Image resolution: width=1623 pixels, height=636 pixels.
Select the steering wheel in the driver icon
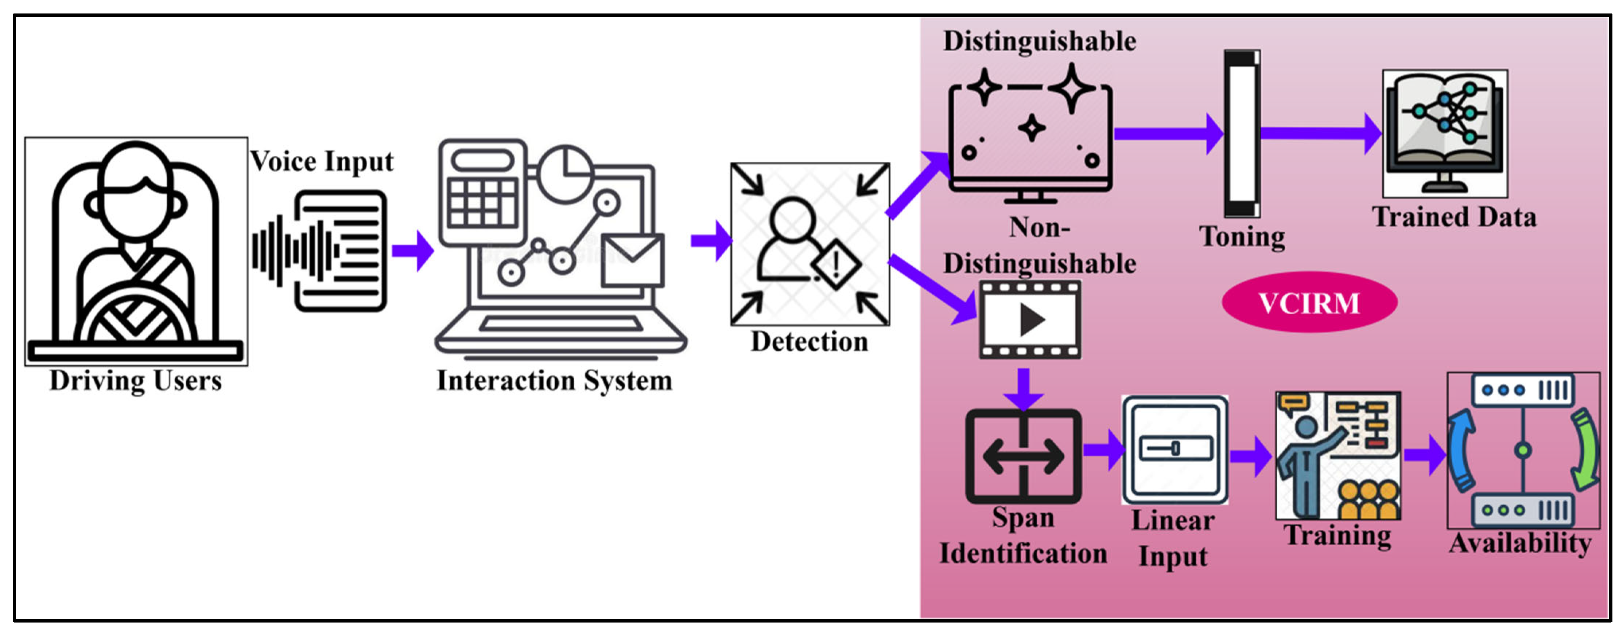click(x=135, y=318)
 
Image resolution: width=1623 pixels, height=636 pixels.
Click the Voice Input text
click(x=321, y=162)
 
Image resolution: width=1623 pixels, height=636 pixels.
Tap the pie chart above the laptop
click(x=565, y=173)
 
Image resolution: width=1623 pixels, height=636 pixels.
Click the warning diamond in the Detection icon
click(x=836, y=263)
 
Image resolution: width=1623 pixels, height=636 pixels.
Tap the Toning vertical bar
click(x=1241, y=133)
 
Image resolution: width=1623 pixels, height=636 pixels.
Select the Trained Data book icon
click(x=1444, y=133)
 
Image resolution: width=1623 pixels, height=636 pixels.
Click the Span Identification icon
click(x=1023, y=456)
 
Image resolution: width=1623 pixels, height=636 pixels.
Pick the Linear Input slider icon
click(x=1175, y=449)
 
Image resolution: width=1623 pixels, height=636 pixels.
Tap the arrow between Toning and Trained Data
click(x=1320, y=133)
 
